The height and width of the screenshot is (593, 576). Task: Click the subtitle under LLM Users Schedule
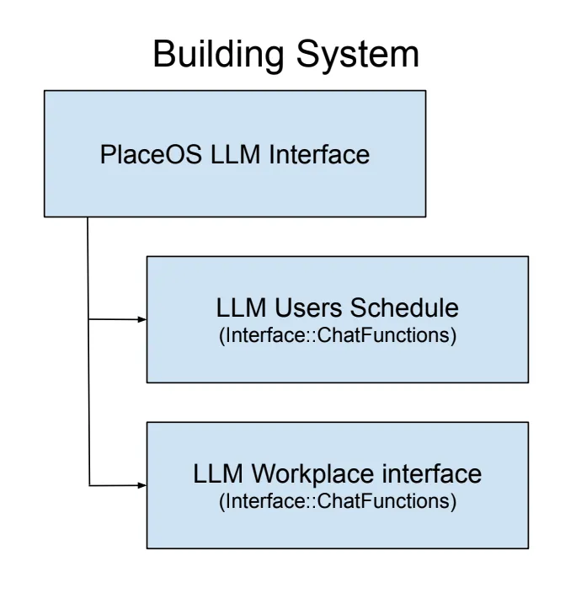click(337, 336)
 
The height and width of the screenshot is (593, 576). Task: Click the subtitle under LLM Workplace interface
click(337, 503)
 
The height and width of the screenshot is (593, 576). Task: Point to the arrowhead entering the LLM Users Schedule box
click(142, 320)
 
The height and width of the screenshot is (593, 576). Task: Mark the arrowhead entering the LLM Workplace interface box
click(142, 485)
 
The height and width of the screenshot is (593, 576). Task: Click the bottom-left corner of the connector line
click(89, 485)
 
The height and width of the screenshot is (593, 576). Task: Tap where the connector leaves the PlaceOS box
click(89, 216)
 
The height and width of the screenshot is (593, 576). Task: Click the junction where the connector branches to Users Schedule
click(89, 320)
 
